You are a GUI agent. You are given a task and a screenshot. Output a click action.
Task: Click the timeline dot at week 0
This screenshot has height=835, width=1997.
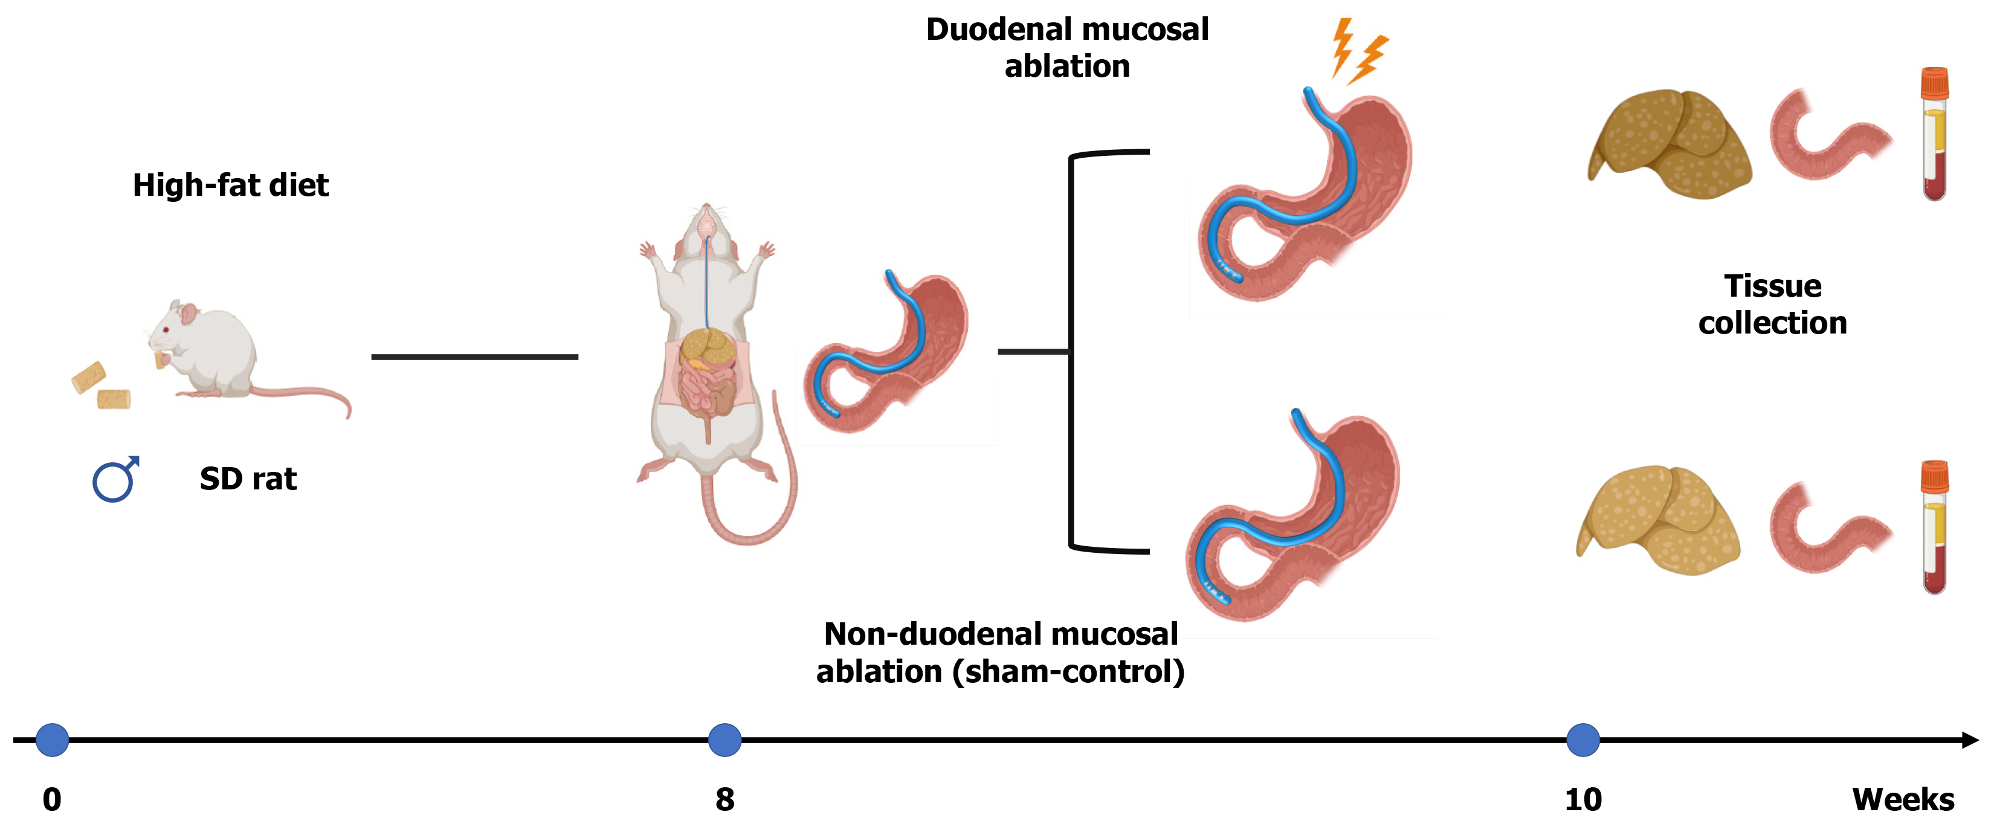click(52, 740)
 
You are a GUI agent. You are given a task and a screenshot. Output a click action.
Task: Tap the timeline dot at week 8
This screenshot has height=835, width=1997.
click(724, 740)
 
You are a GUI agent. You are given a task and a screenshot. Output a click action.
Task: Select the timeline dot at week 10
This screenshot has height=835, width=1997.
click(1582, 740)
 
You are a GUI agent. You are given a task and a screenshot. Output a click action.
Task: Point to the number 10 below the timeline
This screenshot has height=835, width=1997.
click(1582, 799)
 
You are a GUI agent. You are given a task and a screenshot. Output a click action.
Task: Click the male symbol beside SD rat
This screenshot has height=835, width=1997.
click(115, 479)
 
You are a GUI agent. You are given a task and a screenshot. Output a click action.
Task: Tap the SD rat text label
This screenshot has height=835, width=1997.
click(248, 479)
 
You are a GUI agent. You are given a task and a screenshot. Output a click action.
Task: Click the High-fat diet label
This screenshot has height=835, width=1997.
click(230, 185)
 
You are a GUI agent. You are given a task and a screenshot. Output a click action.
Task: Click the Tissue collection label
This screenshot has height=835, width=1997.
click(1772, 305)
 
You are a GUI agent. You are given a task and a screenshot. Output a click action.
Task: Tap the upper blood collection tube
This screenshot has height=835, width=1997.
click(1934, 136)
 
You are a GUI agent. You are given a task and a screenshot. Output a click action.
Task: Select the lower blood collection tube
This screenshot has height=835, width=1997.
click(1934, 529)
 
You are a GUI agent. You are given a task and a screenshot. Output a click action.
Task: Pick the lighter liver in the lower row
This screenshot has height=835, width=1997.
click(1659, 520)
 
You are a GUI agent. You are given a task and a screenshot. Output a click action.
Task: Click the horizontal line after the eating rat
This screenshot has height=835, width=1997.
click(474, 356)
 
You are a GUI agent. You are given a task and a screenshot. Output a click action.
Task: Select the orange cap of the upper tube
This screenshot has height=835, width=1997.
click(1934, 83)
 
